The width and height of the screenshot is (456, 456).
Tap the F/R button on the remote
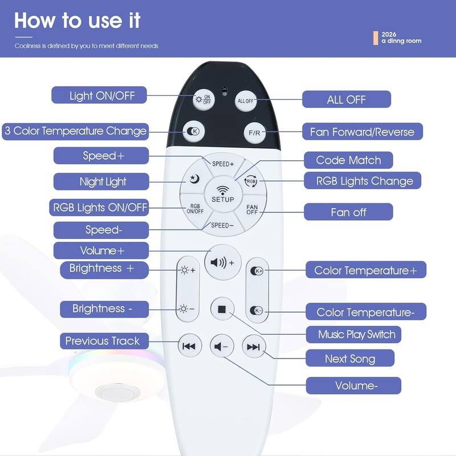254,133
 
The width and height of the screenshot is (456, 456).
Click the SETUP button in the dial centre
223,194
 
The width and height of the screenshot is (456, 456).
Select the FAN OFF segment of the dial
252,209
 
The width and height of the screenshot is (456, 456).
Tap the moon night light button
194,178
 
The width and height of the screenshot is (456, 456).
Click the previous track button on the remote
190,346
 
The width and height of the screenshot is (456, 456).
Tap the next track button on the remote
254,347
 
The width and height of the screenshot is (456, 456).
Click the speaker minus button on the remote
222,347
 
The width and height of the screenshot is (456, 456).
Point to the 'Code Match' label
348,160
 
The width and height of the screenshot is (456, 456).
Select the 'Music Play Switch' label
353,335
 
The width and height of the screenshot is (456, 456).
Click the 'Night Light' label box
101,181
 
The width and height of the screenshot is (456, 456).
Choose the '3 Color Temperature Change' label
75,132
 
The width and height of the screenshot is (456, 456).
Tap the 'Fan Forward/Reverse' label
363,132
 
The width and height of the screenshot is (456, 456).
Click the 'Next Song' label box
350,359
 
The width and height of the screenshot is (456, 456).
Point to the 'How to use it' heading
78,21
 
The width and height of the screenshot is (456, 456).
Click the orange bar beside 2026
376,38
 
